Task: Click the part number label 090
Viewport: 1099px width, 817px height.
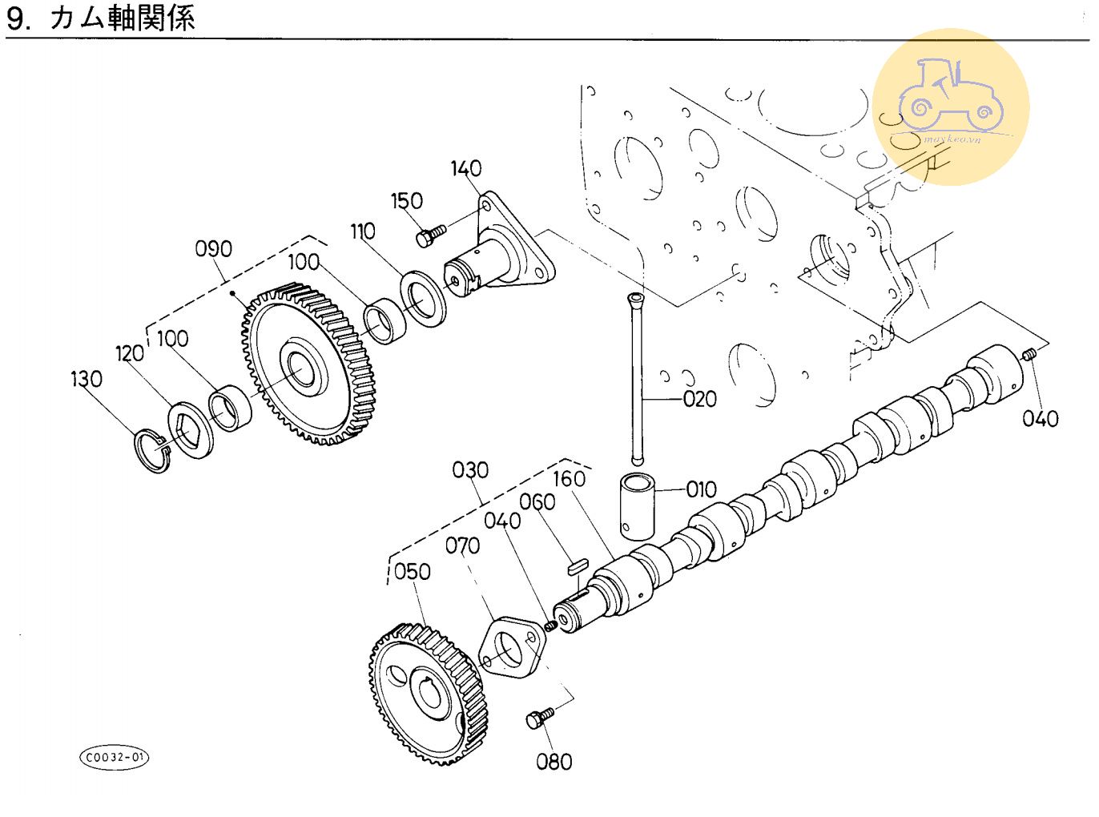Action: point(213,249)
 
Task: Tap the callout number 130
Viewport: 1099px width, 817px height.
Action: point(87,379)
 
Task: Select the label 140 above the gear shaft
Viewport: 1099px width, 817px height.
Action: point(465,169)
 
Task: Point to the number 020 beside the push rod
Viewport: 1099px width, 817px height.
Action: point(699,399)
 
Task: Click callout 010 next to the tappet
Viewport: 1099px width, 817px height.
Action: point(701,489)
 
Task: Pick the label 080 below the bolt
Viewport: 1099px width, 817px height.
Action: point(554,762)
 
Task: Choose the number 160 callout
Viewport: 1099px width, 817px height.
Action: point(569,479)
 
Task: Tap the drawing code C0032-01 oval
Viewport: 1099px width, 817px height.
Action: point(115,757)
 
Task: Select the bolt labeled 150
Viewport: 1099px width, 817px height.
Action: point(429,235)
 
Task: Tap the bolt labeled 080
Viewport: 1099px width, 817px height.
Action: point(539,717)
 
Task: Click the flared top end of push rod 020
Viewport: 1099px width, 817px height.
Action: point(636,301)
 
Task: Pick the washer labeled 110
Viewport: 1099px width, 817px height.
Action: point(424,300)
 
